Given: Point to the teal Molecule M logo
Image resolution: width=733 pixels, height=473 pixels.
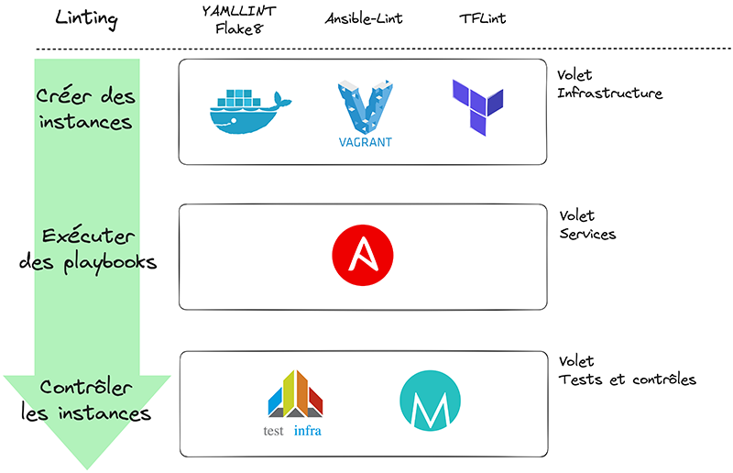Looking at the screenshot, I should pos(430,401).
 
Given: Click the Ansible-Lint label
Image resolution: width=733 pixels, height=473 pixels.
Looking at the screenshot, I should pos(364,18).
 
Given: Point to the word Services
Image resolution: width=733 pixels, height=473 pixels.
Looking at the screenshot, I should pos(587,234).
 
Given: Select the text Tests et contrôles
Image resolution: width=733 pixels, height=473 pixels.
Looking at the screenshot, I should pos(627,379).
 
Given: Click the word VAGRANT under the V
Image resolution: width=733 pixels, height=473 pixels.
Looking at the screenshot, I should pos(364,141).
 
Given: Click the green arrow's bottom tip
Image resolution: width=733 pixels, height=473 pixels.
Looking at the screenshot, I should pos(87,466).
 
